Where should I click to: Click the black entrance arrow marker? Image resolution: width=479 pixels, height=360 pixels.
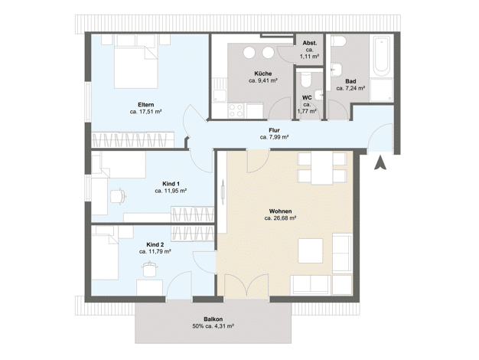[x=380, y=163]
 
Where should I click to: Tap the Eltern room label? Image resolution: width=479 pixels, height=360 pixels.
[x=145, y=105]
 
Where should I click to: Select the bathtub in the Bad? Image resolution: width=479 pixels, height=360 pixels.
[x=381, y=56]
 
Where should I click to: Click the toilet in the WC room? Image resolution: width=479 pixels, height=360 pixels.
[x=306, y=80]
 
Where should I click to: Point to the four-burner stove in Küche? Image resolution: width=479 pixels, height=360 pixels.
[x=236, y=110]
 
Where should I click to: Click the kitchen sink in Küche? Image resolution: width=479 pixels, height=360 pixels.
[x=220, y=95]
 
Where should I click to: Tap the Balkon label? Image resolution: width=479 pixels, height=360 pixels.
[x=213, y=319]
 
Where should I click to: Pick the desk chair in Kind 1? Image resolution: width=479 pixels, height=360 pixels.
[x=117, y=196]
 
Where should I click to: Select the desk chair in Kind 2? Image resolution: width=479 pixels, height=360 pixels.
[x=150, y=269]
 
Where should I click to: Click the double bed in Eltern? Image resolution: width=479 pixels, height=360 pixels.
[x=136, y=65]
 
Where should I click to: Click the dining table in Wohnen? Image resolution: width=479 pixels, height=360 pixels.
[x=321, y=169]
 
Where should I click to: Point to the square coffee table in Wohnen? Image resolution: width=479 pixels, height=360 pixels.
[x=311, y=250]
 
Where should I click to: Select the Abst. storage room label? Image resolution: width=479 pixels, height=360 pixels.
[x=310, y=43]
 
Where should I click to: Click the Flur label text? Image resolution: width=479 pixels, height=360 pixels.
[x=275, y=131]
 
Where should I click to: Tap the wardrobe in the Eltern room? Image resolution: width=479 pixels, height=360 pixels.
[x=133, y=139]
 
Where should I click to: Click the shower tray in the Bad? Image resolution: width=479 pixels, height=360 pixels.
[x=381, y=90]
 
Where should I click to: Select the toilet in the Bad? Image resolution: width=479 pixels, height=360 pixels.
[x=338, y=41]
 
